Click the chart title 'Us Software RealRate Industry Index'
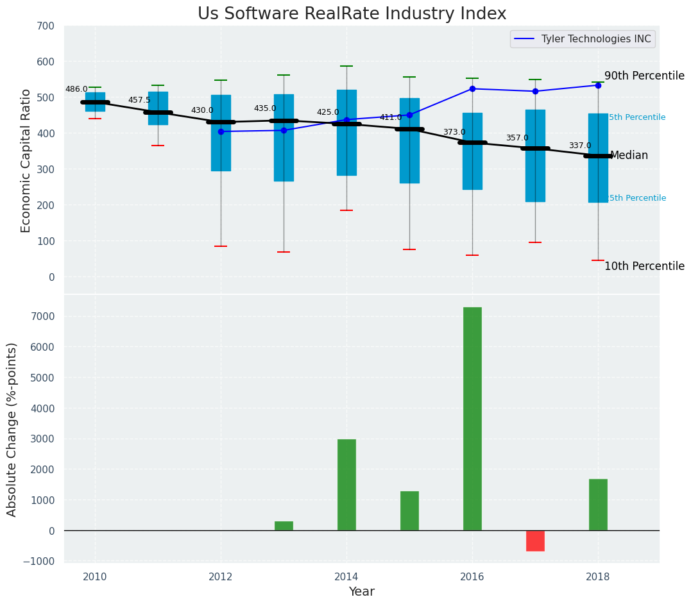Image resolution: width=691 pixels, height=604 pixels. click(352, 14)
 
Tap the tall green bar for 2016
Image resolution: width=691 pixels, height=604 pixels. click(472, 419)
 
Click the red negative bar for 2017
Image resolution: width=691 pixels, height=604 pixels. click(535, 541)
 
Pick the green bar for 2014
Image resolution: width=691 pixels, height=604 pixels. click(346, 485)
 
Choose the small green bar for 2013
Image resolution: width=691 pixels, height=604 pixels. click(284, 526)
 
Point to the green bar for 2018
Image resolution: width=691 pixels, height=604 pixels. click(598, 505)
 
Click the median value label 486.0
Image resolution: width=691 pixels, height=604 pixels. click(76, 90)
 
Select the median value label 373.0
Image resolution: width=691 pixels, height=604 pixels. click(454, 133)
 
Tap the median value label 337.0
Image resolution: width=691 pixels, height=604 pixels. click(580, 146)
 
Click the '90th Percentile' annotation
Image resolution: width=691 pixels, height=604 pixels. click(644, 76)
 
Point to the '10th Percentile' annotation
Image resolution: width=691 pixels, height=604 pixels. click(644, 266)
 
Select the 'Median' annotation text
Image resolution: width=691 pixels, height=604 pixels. click(629, 156)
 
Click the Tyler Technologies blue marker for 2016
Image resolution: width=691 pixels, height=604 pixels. click(472, 89)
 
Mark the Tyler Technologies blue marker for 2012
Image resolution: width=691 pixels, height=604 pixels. click(221, 131)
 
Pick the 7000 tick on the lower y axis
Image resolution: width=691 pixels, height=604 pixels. click(43, 317)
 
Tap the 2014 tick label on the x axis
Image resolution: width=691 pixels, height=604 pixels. click(346, 576)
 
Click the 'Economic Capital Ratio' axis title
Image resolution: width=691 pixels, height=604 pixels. click(26, 160)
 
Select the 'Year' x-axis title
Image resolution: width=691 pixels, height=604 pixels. click(361, 592)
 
